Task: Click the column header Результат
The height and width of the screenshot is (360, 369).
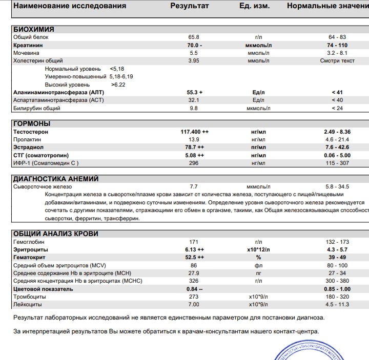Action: click(190, 6)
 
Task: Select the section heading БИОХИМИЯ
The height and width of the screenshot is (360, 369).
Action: click(33, 30)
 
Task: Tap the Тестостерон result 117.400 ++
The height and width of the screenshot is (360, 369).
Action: click(194, 132)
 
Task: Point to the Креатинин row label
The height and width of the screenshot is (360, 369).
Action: click(28, 45)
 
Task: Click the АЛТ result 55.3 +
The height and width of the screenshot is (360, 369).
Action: click(194, 92)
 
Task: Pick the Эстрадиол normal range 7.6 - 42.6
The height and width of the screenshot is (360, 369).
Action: click(337, 147)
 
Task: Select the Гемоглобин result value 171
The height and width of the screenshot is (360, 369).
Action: click(194, 242)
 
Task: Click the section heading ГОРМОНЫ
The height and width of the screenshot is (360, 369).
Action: click(32, 124)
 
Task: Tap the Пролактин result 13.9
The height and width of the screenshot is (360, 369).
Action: click(194, 140)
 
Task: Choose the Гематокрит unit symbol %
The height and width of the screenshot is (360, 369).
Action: click(259, 258)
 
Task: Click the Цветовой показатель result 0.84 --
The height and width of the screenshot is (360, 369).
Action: click(194, 289)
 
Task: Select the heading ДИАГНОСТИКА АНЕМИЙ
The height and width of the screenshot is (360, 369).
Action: click(55, 179)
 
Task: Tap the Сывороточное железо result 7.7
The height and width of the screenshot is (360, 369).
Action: click(194, 187)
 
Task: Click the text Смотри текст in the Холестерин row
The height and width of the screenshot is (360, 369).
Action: click(337, 61)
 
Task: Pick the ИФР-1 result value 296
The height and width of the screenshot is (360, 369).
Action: click(194, 163)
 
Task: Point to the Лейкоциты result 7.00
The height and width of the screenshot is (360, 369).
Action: click(194, 304)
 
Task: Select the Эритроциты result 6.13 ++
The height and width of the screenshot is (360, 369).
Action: click(194, 249)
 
